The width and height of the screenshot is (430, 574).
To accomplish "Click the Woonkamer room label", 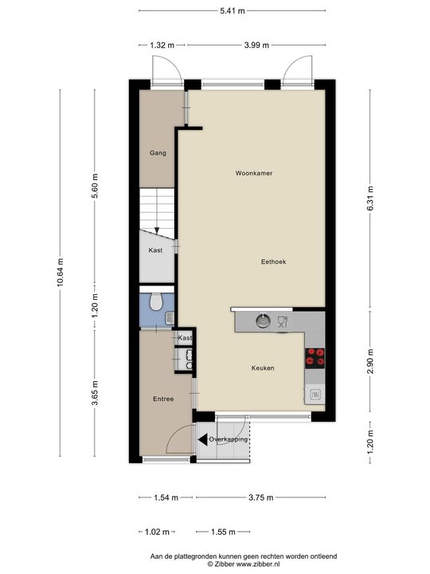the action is click(x=254, y=173).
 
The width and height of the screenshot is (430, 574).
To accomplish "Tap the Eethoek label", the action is click(x=273, y=261).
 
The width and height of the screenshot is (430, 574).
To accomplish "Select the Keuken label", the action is click(x=263, y=368).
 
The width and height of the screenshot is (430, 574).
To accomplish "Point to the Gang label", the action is click(x=158, y=153).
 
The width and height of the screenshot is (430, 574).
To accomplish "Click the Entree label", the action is click(x=163, y=399).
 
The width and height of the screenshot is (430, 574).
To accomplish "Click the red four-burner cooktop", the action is click(x=315, y=358).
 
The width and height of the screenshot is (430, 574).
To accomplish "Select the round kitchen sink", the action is click(x=263, y=320).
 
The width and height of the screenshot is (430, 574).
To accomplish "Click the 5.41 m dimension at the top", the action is click(x=233, y=10).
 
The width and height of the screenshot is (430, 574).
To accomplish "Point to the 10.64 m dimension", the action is click(x=61, y=273).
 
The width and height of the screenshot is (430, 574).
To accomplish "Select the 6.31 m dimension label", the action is click(x=370, y=198).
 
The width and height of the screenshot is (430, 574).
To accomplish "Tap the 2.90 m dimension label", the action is click(x=370, y=361).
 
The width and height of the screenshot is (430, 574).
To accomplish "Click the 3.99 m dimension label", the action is click(x=256, y=45).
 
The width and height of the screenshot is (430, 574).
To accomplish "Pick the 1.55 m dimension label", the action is click(x=223, y=532).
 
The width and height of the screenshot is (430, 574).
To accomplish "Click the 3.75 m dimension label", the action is click(x=260, y=497).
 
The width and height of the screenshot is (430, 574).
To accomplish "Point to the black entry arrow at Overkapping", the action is click(x=202, y=439).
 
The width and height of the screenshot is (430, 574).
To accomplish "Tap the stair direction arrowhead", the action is click(x=157, y=230).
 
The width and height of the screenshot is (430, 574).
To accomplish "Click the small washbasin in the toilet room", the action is click(x=170, y=318).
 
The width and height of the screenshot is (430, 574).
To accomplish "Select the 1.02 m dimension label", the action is click(x=157, y=532).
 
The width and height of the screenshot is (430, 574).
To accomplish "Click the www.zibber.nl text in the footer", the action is click(x=258, y=564).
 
